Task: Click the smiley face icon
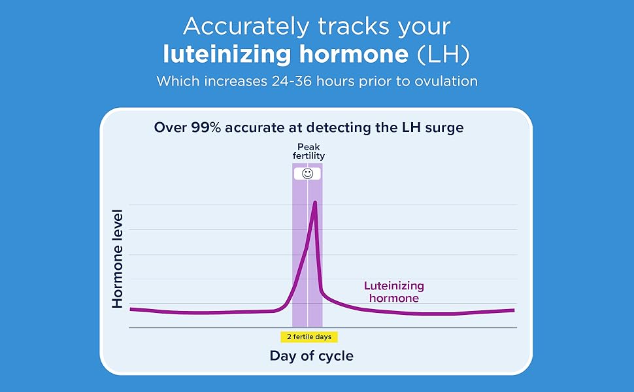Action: (x=308, y=174)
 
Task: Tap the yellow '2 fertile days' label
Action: (x=309, y=336)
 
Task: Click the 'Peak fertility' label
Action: (x=309, y=151)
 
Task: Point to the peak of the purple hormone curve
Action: (x=315, y=202)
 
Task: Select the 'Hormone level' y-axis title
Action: (x=117, y=259)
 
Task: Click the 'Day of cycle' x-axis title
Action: (x=312, y=356)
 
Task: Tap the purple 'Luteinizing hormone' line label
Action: (x=394, y=292)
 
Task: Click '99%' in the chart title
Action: (x=206, y=127)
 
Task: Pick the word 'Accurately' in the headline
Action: (x=246, y=27)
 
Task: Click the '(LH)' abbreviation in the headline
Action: (x=443, y=55)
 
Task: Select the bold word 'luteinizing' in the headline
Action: (x=227, y=56)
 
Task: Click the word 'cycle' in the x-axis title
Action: (x=336, y=357)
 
